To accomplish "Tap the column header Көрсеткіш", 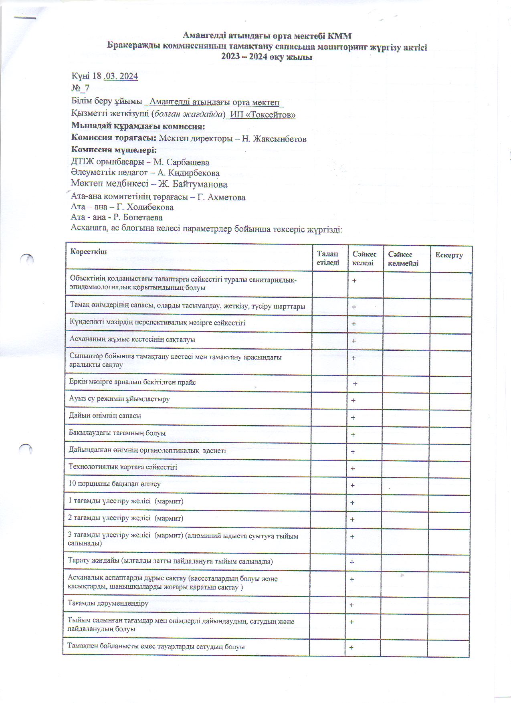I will click(89, 251).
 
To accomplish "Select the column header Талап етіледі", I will click(328, 258).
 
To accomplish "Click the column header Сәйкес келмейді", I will click(403, 259).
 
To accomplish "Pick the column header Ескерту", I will click(449, 255).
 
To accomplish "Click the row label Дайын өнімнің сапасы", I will click(105, 416).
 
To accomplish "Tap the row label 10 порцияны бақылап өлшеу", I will click(115, 484).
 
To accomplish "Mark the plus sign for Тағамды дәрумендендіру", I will click(351, 605).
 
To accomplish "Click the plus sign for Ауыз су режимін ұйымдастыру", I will click(353, 400).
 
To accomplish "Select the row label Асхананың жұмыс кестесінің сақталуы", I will click(132, 339).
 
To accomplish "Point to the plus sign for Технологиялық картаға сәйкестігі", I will click(353, 469).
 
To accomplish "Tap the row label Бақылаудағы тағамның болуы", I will click(117, 433).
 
